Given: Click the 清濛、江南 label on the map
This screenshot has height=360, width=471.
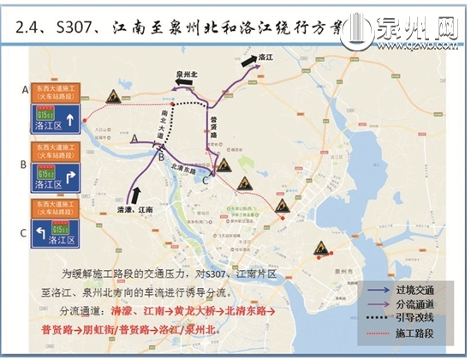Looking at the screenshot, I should pos(135,208).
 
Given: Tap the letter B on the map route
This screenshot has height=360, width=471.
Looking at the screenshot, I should pos(161,156).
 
